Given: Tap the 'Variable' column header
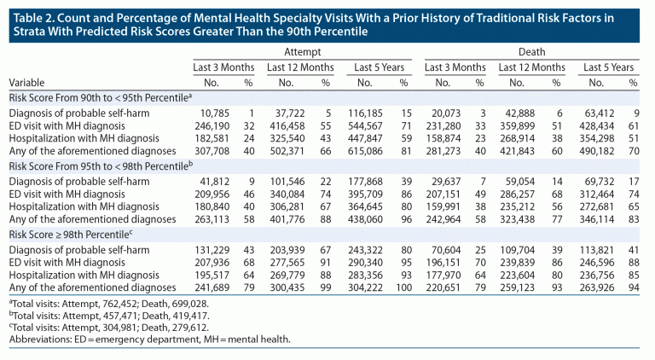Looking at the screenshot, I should [x=27, y=83].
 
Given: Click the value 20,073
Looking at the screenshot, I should [x=445, y=113].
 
